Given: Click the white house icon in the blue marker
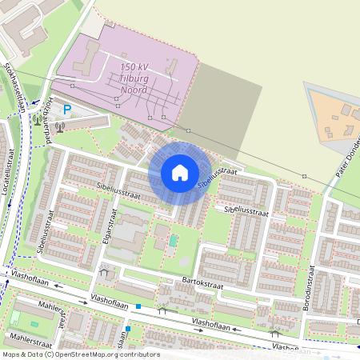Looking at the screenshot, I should coord(179,172).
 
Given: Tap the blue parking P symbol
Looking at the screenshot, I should coord(67,110).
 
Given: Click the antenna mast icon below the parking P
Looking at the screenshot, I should coord(59,126).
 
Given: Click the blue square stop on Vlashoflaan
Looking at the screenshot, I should coord(138,306).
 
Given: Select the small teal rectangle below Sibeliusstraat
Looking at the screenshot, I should coord(173,239).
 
